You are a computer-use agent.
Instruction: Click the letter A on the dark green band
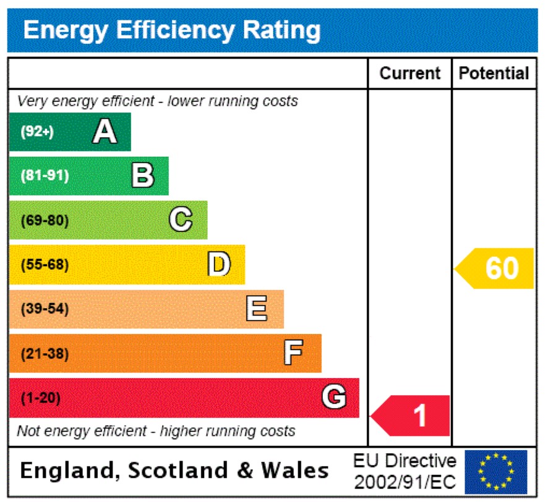click(105, 132)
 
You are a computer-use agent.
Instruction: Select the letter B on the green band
click(143, 176)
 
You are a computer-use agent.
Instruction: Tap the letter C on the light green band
click(181, 220)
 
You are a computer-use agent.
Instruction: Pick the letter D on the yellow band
click(218, 264)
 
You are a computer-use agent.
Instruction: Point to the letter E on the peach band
click(257, 309)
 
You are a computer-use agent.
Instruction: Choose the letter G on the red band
click(333, 397)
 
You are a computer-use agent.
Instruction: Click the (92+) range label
click(37, 132)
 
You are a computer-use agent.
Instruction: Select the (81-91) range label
click(45, 176)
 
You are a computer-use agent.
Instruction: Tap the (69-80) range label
click(45, 220)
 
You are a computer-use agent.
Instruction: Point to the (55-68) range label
click(45, 265)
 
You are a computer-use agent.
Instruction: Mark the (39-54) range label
click(45, 309)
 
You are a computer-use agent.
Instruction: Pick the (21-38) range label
click(45, 354)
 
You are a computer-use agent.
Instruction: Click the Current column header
click(410, 73)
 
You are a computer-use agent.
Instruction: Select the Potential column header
click(494, 73)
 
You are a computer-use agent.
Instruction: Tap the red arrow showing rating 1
click(411, 416)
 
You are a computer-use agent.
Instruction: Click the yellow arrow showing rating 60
click(495, 269)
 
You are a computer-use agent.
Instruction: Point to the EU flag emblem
click(496, 471)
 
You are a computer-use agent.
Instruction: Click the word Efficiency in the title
click(174, 30)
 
